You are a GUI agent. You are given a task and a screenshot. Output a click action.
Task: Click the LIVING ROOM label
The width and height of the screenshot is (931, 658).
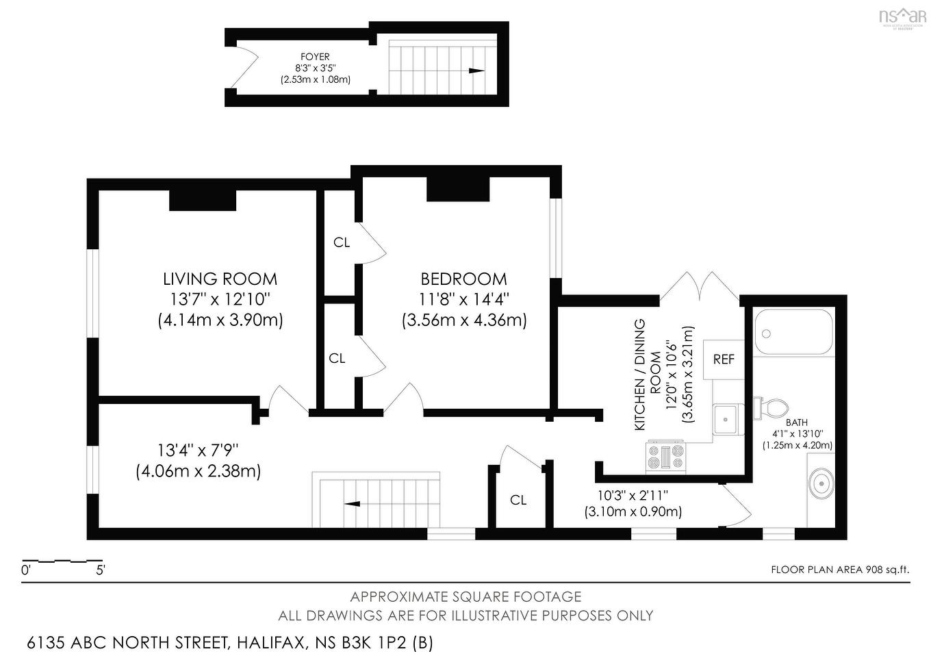pos(220,279)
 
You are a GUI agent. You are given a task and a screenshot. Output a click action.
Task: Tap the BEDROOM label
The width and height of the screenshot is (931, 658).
pos(463,279)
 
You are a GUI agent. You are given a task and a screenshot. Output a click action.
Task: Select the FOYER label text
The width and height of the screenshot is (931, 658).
pos(315,57)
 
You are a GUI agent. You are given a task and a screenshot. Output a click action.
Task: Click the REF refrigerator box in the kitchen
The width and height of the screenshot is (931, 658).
pos(724,359)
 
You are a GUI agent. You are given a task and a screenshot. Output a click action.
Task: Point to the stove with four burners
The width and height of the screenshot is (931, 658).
pos(665,457)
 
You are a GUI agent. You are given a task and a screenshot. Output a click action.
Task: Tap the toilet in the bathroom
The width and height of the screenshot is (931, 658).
pos(771,408)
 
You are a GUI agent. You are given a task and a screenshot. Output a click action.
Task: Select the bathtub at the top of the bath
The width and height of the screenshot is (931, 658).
pos(793,332)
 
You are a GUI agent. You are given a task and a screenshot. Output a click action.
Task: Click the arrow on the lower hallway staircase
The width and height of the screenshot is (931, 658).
pos(353,504)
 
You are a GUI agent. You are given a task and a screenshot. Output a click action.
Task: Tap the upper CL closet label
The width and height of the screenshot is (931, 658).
pos(342,242)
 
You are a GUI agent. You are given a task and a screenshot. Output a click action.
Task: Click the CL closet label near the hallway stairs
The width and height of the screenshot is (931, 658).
pos(518,501)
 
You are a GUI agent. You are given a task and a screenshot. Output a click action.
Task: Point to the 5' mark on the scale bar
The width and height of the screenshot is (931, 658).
pos(100,569)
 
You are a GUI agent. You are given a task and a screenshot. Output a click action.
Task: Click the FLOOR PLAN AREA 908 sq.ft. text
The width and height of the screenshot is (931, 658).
pos(840,569)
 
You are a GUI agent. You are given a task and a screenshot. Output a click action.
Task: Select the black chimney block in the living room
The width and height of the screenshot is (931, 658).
pos(203,200)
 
